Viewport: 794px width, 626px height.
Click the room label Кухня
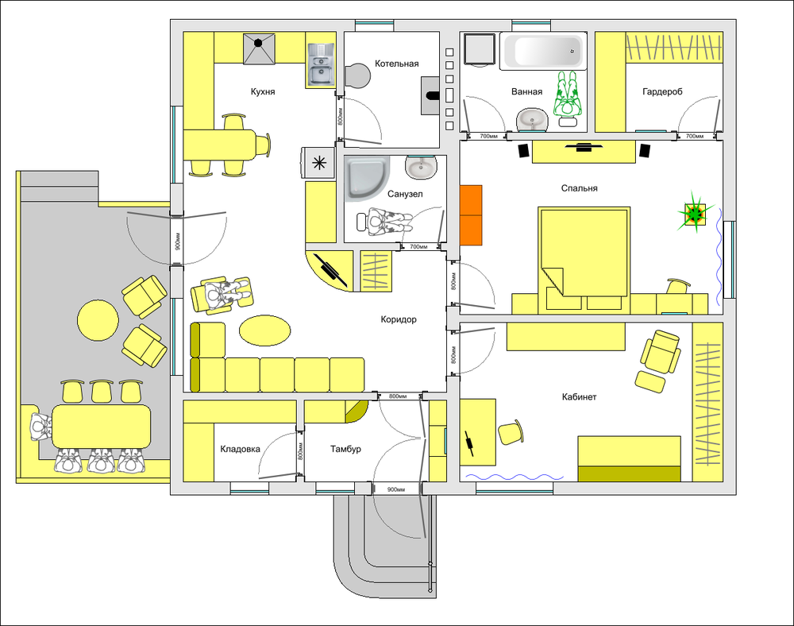[263, 91]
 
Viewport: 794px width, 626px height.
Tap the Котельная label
[396, 64]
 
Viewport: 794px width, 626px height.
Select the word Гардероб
[662, 91]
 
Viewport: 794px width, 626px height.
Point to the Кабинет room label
[580, 396]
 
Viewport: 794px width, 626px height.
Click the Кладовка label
[240, 449]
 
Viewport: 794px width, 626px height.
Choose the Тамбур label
[345, 449]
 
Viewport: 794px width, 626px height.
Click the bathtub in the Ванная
[543, 51]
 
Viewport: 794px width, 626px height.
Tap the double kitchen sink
[321, 64]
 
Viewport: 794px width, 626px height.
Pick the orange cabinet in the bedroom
[471, 215]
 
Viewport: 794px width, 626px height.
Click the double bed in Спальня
[584, 252]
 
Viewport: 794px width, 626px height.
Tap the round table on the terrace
[98, 320]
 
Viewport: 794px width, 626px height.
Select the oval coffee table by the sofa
[265, 330]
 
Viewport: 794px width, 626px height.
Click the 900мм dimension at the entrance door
[396, 490]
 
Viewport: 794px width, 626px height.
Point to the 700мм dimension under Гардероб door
[694, 136]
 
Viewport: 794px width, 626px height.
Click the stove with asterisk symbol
[318, 163]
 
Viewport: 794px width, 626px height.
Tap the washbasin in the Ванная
[532, 121]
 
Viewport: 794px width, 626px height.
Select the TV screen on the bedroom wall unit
[584, 147]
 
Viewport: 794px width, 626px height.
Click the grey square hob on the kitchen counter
[260, 49]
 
